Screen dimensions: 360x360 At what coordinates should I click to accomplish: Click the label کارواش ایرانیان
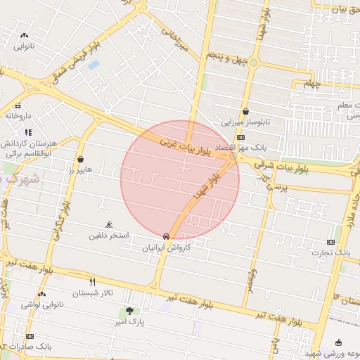(x=167, y=247)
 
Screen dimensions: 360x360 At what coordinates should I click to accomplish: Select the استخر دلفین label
(x=108, y=235)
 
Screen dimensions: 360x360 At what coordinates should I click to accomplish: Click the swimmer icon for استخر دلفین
(x=108, y=224)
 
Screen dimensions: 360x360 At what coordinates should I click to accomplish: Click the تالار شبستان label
(x=101, y=292)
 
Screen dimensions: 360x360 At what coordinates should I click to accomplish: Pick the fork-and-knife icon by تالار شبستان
(x=103, y=282)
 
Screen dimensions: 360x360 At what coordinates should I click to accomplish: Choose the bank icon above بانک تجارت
(x=331, y=242)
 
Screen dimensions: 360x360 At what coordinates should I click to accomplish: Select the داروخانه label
(x=19, y=115)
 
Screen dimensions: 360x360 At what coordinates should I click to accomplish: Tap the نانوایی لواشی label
(x=41, y=304)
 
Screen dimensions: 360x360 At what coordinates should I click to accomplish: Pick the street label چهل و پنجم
(x=226, y=54)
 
